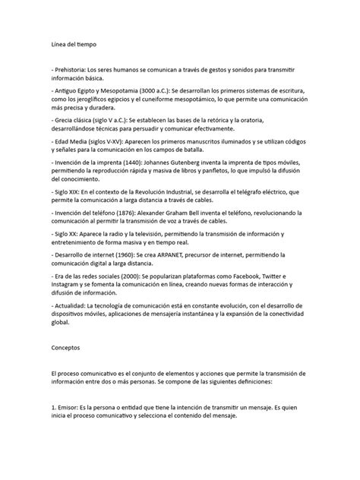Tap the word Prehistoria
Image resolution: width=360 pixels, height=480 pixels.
(x=75, y=69)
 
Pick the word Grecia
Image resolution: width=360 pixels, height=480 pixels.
(x=65, y=121)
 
